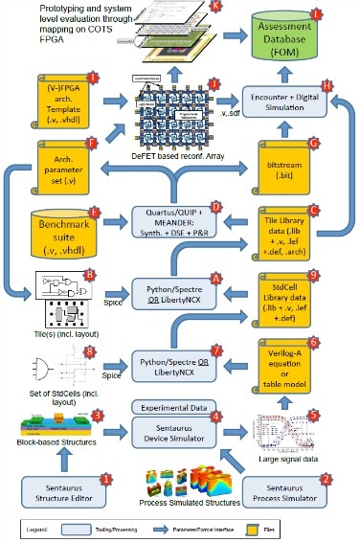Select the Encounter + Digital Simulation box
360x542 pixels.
[292, 105]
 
